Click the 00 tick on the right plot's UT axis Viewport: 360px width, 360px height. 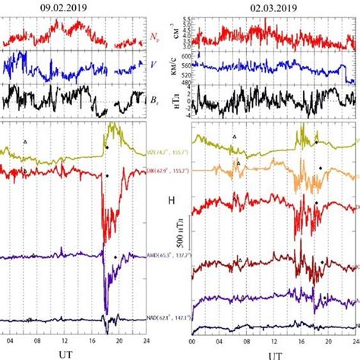[193, 341]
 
